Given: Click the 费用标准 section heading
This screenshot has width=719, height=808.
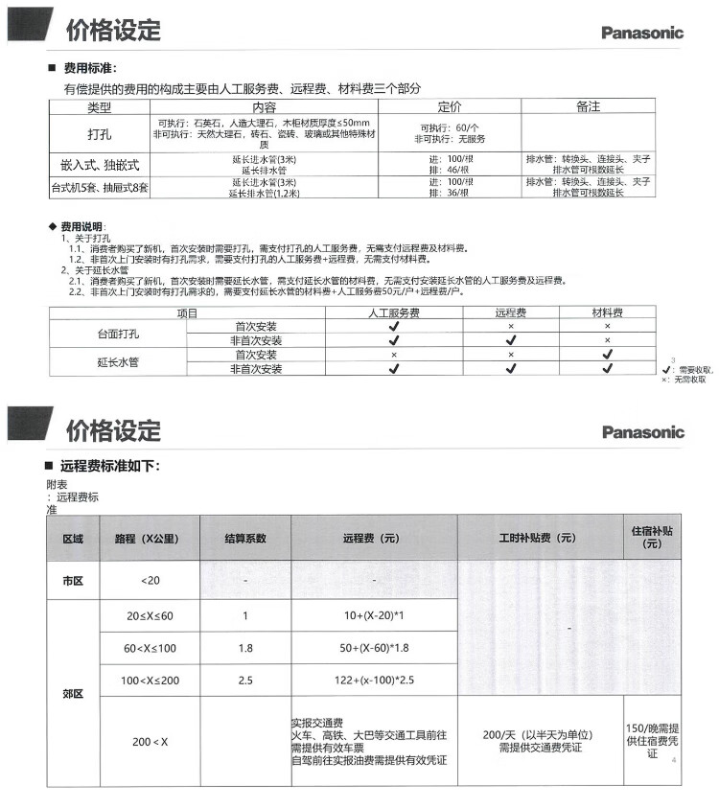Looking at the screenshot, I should pyautogui.click(x=90, y=69).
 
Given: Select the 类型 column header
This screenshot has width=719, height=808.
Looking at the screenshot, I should pyautogui.click(x=100, y=106).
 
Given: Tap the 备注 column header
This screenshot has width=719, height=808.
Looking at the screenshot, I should pyautogui.click(x=588, y=106).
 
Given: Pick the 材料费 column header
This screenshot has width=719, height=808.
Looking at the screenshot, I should pyautogui.click(x=607, y=312).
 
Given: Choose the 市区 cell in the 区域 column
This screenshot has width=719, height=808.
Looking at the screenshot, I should pyautogui.click(x=73, y=581).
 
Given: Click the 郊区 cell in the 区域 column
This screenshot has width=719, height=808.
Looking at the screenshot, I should pyautogui.click(x=73, y=693).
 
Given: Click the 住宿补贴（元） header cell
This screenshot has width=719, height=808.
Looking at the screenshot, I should pyautogui.click(x=652, y=537).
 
